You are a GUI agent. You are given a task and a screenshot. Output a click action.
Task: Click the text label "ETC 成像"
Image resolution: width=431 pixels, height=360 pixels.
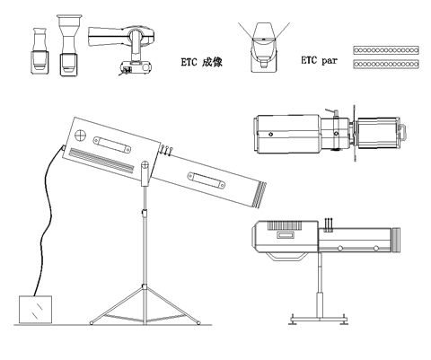click(x=202, y=62)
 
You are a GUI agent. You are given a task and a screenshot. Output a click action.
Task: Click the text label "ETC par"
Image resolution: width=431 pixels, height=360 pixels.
click(x=319, y=60)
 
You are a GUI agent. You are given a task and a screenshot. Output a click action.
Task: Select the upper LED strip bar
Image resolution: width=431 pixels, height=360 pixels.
click(x=386, y=50)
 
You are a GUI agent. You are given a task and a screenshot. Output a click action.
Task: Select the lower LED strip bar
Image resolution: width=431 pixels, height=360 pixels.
click(x=386, y=64)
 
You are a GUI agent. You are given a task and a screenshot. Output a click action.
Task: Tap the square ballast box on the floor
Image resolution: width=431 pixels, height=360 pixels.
click(x=35, y=310)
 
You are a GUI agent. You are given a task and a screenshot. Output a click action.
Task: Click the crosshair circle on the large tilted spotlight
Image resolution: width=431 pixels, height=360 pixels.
click(x=80, y=135)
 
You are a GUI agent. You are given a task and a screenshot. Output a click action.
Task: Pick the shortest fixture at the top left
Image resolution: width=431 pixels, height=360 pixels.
click(x=40, y=51)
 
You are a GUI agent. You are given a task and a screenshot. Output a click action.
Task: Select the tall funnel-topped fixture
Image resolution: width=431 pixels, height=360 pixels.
click(x=69, y=45)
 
